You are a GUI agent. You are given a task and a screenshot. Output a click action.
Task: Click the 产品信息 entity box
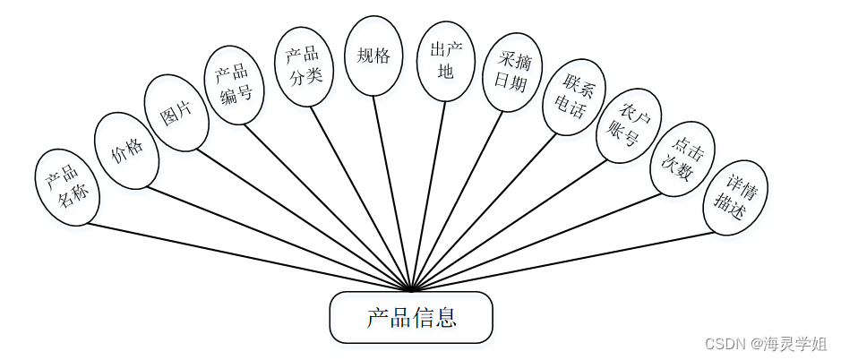411,317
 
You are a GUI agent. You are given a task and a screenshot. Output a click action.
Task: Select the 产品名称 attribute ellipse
67,187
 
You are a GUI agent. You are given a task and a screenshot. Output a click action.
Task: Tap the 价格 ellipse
126,150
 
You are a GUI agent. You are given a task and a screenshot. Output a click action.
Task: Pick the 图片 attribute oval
177,113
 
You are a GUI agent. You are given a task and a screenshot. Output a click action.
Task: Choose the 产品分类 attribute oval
304,65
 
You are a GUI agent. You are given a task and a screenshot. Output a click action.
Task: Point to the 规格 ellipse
373,56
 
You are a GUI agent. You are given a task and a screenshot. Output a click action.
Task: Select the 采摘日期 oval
511,73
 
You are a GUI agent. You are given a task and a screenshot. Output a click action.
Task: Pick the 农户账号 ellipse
629,125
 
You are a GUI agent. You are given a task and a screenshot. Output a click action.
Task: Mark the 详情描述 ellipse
736,196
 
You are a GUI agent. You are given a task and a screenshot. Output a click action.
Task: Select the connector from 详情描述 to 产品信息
564,261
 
